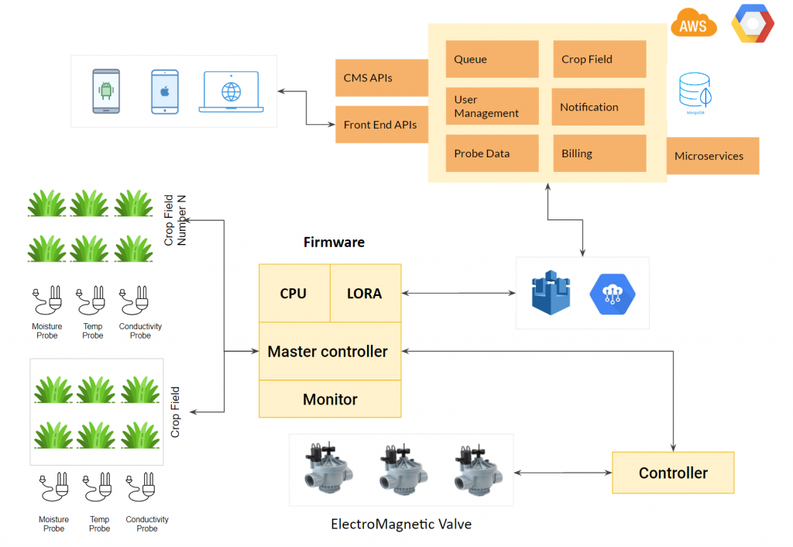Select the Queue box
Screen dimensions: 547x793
coord(492,59)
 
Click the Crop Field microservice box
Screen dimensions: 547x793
coord(599,59)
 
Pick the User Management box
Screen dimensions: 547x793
coord(492,106)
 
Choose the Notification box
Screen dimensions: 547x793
coord(598,107)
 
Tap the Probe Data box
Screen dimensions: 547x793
coord(492,153)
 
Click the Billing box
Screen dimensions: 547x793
coord(599,153)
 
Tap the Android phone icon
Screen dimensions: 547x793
coord(106,91)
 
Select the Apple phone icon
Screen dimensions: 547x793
coord(164,91)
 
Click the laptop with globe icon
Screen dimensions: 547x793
coord(231,92)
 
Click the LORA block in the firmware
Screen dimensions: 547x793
coord(365,293)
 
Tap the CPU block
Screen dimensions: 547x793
coord(294,293)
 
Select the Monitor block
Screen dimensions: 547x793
coord(330,399)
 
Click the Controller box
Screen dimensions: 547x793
coord(673,473)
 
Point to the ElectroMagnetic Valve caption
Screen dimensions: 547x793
coord(401,525)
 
